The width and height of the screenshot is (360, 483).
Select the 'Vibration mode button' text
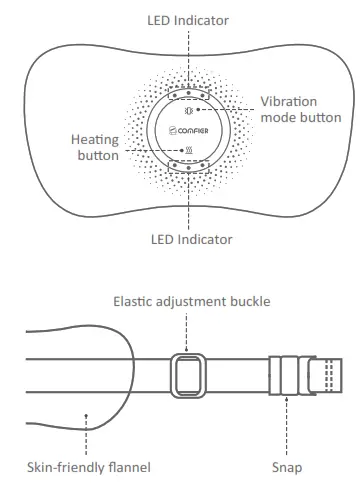[x=302, y=109]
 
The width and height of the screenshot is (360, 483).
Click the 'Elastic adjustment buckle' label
[x=185, y=300]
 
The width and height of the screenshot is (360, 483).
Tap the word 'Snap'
[x=286, y=467]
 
